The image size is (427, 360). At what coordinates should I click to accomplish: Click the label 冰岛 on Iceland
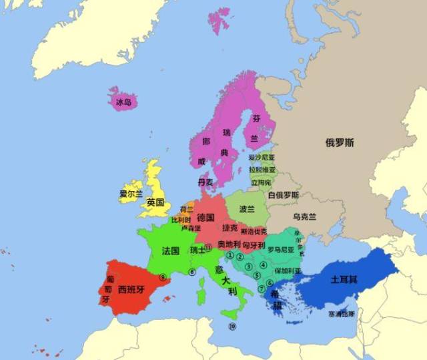tap(123, 102)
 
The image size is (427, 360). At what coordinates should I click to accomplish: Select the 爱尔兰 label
tap(131, 194)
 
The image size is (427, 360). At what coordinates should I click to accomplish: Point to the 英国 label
tap(155, 202)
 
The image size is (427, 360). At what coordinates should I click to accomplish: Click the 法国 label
tap(170, 250)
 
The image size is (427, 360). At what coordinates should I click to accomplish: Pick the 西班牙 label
tap(131, 290)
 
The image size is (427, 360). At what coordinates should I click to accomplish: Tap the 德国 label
tap(205, 217)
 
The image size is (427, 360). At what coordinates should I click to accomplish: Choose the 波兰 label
tap(247, 208)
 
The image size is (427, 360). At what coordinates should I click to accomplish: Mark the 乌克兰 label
tap(304, 217)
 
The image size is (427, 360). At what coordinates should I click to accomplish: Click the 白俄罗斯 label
tap(283, 195)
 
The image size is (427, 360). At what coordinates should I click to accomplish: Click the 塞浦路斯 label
tap(342, 313)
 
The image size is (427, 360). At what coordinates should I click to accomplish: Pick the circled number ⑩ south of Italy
tap(232, 327)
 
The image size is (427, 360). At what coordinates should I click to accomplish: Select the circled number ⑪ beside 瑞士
tap(208, 246)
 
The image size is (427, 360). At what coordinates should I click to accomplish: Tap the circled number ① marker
tap(230, 255)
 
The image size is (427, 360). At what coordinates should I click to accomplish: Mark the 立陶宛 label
tap(261, 182)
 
